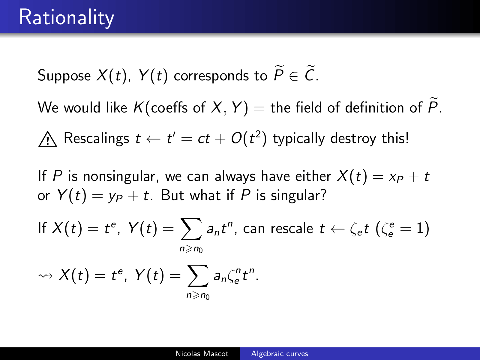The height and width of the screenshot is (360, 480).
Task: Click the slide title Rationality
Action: click(x=67, y=17)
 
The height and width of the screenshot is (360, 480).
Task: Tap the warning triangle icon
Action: click(x=48, y=139)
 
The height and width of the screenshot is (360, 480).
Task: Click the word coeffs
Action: click(x=169, y=107)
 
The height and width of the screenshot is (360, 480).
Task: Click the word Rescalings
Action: click(x=96, y=138)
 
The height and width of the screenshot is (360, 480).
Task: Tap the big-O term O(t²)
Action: click(x=249, y=138)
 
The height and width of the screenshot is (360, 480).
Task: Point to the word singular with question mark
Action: click(x=299, y=195)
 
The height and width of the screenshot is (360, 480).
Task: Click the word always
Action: click(x=235, y=176)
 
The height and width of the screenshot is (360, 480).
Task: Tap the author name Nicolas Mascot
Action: click(x=202, y=353)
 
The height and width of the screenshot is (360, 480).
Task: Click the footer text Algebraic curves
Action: click(x=280, y=353)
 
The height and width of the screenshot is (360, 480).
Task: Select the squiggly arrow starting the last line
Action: click(x=45, y=276)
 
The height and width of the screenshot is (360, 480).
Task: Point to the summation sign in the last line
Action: click(x=197, y=276)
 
